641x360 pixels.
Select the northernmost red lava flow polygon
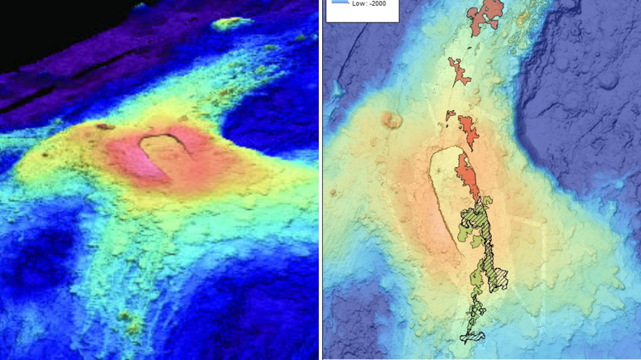[486, 17]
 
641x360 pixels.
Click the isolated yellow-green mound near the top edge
[232, 23]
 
